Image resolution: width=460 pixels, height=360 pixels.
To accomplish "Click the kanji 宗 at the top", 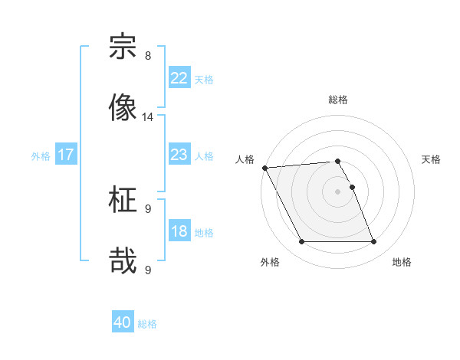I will coord(123,47).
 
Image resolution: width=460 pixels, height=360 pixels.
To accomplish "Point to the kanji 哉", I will coord(123,260).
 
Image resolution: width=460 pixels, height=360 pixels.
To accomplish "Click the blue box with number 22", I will coord(179,78).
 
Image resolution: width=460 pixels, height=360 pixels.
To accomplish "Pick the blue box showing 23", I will coord(179,155).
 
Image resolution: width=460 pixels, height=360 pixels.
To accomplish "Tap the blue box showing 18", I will coord(179,231).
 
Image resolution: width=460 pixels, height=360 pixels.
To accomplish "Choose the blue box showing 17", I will coord(65,155).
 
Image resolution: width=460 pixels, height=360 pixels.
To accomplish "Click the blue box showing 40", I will coord(123,322).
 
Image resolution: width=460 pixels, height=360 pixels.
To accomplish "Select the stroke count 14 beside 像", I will coord(148,117).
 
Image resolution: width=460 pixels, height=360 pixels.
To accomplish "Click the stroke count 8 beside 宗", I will coord(148,56).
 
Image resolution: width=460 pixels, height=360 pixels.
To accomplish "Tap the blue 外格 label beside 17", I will coord(41,155).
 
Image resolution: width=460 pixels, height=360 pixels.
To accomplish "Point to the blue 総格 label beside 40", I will coord(147,323).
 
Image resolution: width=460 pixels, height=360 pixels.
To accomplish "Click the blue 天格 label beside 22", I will coord(203,79).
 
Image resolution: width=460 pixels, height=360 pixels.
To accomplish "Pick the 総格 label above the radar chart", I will coord(338,100).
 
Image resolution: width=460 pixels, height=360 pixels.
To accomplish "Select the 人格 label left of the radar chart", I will coord(245,159).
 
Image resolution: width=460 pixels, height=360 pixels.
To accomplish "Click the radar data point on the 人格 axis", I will coord(264,168).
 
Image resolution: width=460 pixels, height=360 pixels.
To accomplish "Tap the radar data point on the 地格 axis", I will coord(374,242).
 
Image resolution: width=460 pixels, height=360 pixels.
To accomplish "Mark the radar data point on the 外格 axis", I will coord(301,242).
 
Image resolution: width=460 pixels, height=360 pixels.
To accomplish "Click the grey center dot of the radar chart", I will coord(337,191).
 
